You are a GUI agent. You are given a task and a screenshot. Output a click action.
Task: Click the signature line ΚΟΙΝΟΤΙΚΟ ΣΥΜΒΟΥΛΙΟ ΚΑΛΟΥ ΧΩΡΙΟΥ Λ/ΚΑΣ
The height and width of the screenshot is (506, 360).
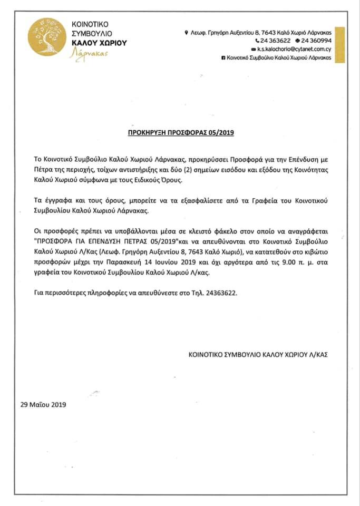click(x=258, y=355)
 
